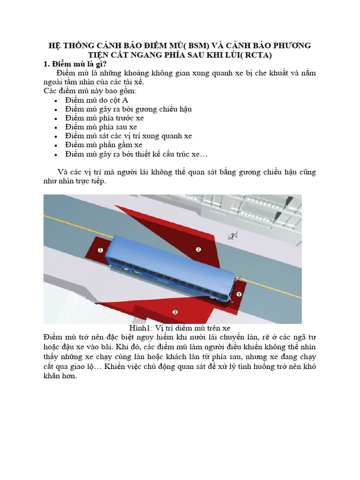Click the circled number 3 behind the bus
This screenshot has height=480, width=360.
(x=100, y=251)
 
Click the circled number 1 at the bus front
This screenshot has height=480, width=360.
(x=238, y=294)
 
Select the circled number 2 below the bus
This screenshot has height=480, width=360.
(x=175, y=312)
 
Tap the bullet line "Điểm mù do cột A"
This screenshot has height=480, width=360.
(x=97, y=100)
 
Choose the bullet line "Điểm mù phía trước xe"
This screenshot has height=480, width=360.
(x=105, y=118)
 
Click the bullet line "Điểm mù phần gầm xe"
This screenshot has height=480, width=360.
(x=104, y=144)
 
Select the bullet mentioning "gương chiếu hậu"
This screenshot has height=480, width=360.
(x=128, y=109)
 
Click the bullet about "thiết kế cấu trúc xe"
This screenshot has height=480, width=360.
(x=136, y=154)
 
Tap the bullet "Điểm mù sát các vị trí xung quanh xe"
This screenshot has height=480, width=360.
(x=129, y=135)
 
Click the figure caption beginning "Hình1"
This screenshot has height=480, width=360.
(x=180, y=328)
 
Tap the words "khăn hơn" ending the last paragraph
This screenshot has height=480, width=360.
(x=60, y=376)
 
